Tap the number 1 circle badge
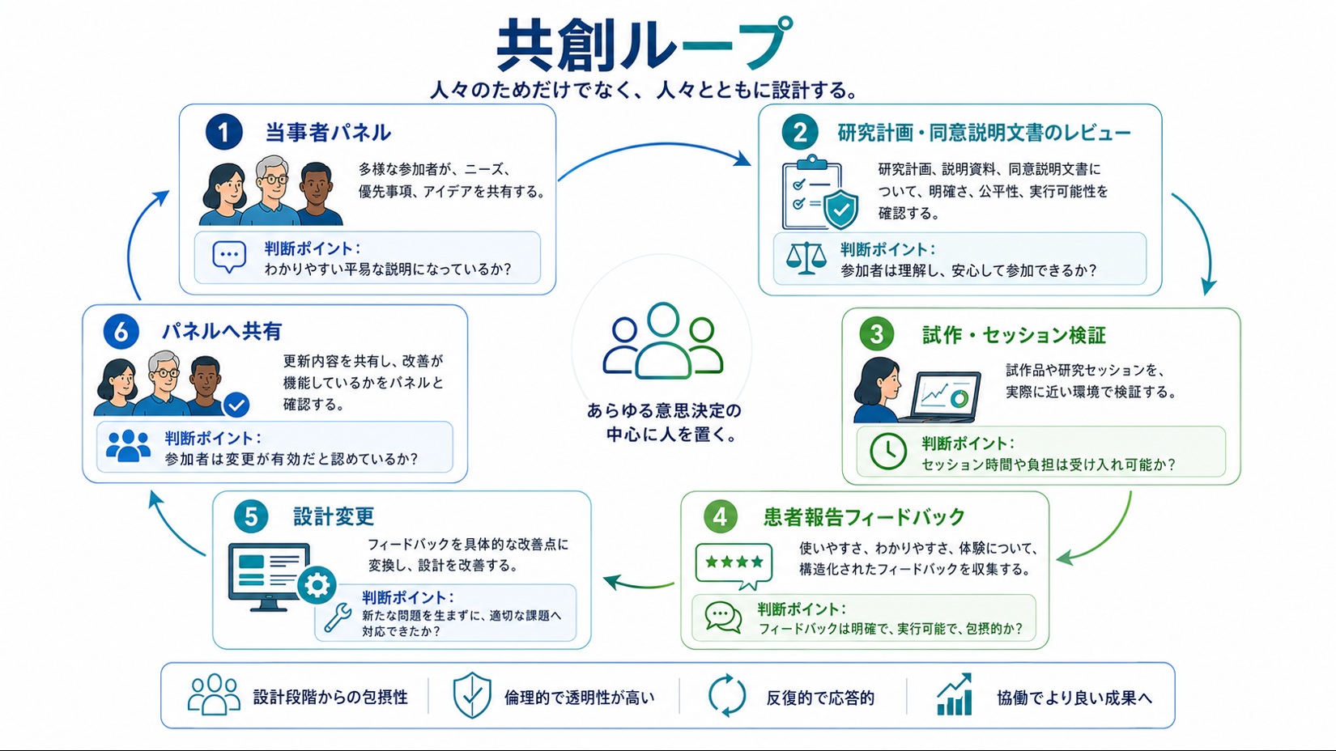[223, 132]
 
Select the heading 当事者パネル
[327, 133]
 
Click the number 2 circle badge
[800, 132]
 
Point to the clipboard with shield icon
[819, 192]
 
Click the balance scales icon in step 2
[806, 258]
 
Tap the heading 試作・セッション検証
[1014, 335]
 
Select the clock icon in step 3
[888, 451]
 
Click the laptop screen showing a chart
[947, 394]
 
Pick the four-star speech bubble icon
[734, 565]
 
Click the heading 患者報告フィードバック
[864, 517]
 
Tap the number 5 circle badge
[251, 516]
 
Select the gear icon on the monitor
[317, 585]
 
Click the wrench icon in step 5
[338, 617]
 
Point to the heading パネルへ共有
[222, 331]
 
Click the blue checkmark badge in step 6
[236, 405]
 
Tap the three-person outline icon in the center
[662, 341]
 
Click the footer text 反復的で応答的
[820, 698]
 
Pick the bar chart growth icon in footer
[955, 694]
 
